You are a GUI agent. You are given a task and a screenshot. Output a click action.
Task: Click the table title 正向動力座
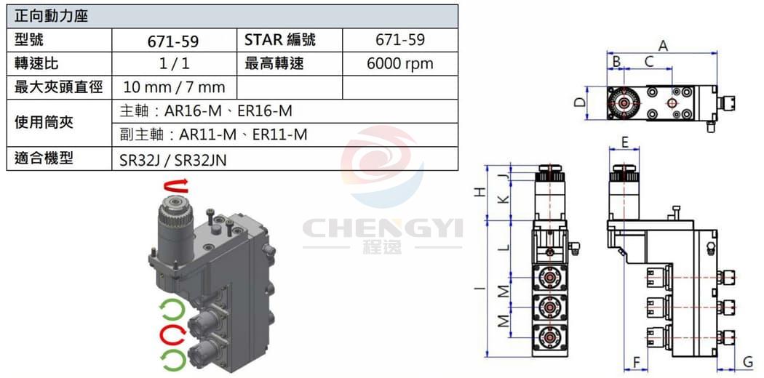[51, 16]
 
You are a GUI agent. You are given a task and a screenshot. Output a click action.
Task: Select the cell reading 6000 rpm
[400, 64]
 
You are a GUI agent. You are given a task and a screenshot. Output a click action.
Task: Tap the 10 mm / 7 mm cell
[174, 87]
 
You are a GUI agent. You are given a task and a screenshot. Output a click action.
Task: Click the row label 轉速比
[36, 64]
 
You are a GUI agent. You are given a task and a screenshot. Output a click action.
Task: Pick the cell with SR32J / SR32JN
[173, 159]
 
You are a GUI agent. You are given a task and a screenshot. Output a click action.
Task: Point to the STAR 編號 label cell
[280, 40]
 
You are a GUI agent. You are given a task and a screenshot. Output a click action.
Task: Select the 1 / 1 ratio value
[174, 64]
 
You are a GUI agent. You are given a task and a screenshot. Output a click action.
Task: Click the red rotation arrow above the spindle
[176, 186]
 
